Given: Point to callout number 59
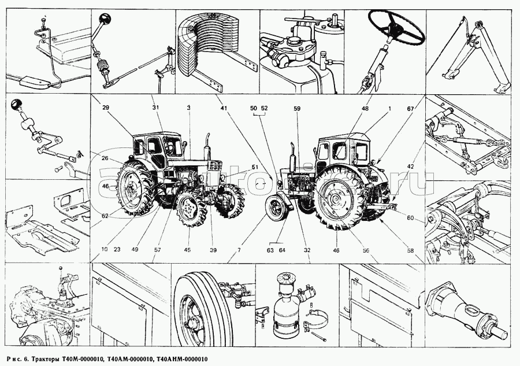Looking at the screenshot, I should pyautogui.click(x=297, y=109).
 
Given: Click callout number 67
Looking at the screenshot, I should pyautogui.click(x=410, y=109).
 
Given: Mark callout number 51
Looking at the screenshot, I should pyautogui.click(x=254, y=168).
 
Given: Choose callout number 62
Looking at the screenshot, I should pyautogui.click(x=105, y=216).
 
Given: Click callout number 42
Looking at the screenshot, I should pyautogui.click(x=410, y=167).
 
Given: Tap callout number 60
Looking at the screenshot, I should pyautogui.click(x=410, y=218).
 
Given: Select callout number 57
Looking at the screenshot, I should pyautogui.click(x=157, y=250).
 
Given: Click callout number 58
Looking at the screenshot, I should pyautogui.click(x=410, y=250).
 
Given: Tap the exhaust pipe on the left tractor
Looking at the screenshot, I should pyautogui.click(x=207, y=145).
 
